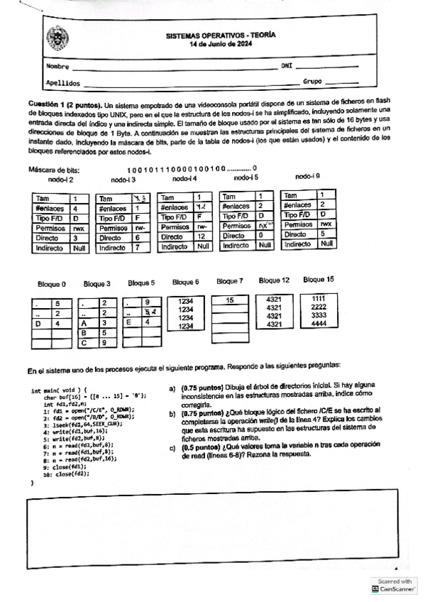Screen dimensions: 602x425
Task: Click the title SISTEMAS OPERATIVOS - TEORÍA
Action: click(221, 34)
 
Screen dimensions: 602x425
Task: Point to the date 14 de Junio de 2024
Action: click(221, 43)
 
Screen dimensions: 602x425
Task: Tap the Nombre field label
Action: click(56, 67)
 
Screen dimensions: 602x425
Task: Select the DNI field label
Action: click(287, 65)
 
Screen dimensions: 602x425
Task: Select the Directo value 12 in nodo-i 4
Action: click(201, 236)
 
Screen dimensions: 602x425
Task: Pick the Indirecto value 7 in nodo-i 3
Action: click(138, 248)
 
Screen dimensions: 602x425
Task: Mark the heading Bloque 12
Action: click(274, 280)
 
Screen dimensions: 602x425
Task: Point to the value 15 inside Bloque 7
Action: click(230, 301)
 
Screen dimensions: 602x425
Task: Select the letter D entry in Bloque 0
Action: click(38, 324)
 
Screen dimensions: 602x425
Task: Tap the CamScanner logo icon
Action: click(375, 589)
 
